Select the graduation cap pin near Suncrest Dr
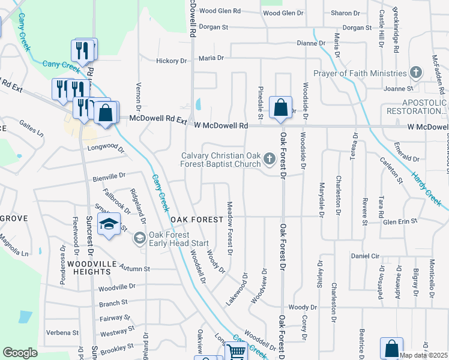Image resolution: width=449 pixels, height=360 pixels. click(x=109, y=226)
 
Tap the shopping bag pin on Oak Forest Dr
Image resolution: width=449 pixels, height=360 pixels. click(x=280, y=109)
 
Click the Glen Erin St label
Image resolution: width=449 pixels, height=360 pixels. click(x=400, y=221)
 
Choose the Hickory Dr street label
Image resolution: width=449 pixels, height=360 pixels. click(x=171, y=61)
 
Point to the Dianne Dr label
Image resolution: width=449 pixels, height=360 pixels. click(x=311, y=43)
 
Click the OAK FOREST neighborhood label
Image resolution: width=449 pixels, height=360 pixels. click(x=197, y=220)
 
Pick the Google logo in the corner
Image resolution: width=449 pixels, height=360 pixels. click(x=20, y=353)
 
